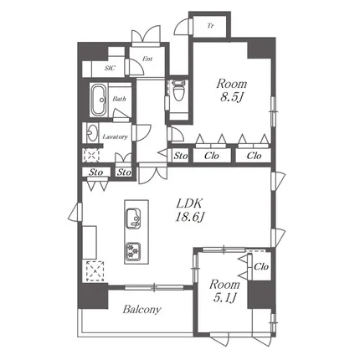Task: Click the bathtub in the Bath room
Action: tap(99, 100)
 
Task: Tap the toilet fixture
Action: tap(178, 90)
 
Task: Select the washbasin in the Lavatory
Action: tap(91, 132)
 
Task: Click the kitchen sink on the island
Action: tap(133, 219)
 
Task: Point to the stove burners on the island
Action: tap(133, 251)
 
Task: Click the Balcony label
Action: tap(142, 310)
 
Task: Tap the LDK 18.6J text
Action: tap(189, 210)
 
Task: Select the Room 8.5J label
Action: tap(232, 90)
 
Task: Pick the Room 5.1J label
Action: tap(224, 291)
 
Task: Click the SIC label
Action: tap(110, 69)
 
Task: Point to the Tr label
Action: tap(210, 26)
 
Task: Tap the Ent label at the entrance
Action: tap(147, 59)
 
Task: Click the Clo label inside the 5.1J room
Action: tap(261, 267)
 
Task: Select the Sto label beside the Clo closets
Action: tap(181, 156)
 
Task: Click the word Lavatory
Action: tap(116, 136)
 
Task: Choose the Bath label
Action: tap(119, 99)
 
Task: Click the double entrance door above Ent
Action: tap(146, 35)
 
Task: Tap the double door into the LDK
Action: tap(153, 173)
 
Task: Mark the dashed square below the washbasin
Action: tap(91, 155)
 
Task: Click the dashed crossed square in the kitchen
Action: tap(95, 271)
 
